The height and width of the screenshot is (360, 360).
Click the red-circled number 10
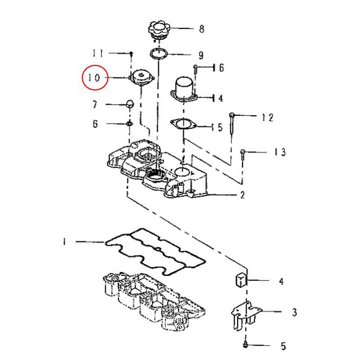point(94,77)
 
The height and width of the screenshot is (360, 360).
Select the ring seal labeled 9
point(159,54)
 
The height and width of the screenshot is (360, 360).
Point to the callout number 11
point(98,53)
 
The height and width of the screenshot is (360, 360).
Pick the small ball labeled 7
point(130,104)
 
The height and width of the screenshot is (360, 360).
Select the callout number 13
point(280,152)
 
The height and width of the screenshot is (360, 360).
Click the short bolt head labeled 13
point(243,152)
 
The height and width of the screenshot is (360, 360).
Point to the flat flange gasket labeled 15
point(184,124)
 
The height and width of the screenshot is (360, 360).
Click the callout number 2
point(243,195)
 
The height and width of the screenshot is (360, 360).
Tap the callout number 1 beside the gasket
point(64,242)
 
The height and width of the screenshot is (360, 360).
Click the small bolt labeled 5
point(245,344)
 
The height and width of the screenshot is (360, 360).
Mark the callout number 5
point(283,346)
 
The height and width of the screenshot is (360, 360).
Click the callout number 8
point(201,29)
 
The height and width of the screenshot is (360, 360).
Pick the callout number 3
point(294,312)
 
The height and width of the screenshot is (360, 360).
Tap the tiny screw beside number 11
point(131,54)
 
